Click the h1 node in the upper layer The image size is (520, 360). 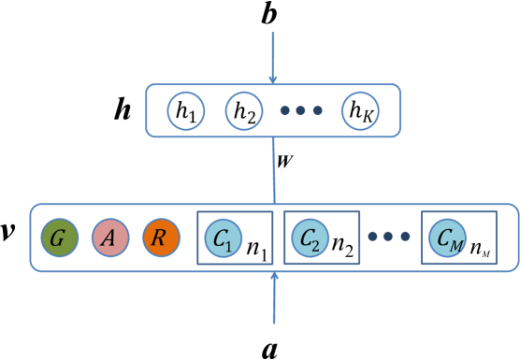[x=185, y=111]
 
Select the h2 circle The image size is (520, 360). [x=243, y=111]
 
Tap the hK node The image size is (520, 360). [x=359, y=111]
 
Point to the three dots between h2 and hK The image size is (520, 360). [x=301, y=111]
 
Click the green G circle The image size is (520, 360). [x=59, y=238]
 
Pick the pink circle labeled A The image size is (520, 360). [x=109, y=238]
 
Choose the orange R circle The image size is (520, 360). [x=160, y=238]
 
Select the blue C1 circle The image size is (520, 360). [x=223, y=238]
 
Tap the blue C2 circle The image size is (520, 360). [x=310, y=238]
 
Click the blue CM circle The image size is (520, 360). [x=447, y=238]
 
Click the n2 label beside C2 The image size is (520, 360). [x=342, y=249]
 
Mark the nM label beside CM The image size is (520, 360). [x=480, y=250]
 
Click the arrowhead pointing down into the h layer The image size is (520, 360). [x=273, y=79]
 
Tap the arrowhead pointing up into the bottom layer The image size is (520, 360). [x=274, y=276]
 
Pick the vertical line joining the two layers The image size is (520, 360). [x=274, y=168]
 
